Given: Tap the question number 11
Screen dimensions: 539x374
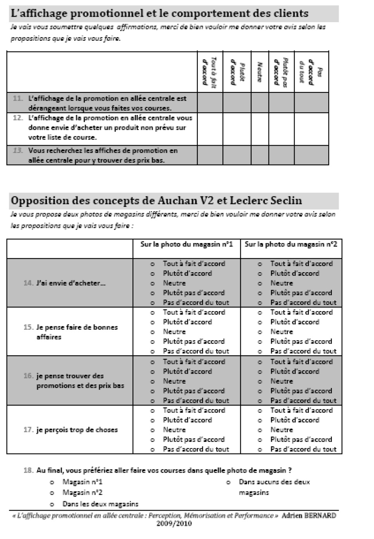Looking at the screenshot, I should [18, 98].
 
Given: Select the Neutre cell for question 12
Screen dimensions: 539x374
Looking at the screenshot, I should [260, 129].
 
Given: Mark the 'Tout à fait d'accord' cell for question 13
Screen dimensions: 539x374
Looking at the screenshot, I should [210, 155].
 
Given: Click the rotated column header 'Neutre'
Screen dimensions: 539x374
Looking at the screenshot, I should [260, 72].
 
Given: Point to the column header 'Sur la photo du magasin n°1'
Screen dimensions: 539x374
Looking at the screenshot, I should [186, 244].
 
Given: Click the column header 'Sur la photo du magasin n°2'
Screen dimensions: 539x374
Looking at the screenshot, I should [291, 244].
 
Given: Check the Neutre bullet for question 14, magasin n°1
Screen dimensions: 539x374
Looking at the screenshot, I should [153, 283].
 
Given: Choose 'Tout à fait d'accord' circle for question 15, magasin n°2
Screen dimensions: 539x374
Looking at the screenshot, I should [260, 313].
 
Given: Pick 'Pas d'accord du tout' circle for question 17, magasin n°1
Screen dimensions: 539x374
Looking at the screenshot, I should [153, 450].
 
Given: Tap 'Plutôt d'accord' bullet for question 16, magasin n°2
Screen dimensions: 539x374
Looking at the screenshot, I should [260, 372].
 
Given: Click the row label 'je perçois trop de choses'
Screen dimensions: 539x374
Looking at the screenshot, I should [77, 430].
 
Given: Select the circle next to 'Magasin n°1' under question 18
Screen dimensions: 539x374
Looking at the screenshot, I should [52, 482].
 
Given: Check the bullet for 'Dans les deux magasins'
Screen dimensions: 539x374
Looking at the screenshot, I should [52, 504].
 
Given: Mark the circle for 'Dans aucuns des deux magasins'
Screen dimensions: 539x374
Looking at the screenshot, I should [228, 482].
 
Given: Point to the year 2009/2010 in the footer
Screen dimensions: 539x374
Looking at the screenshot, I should [174, 523].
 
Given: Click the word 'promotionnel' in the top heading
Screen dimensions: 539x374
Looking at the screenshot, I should [103, 14].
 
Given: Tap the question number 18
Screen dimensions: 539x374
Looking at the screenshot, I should [28, 470].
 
